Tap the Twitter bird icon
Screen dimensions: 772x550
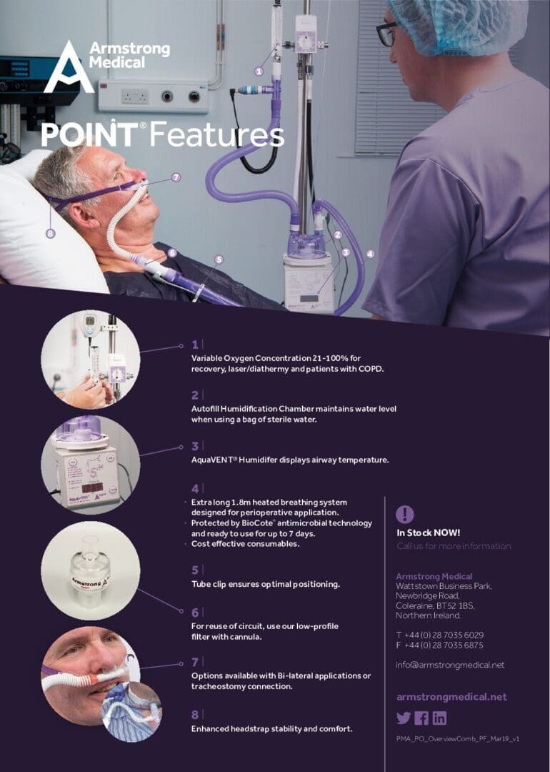pos(404,718)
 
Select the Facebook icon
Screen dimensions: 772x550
pos(421,718)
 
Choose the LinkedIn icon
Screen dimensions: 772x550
pos(439,718)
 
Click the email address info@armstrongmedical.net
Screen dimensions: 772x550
pos(450,665)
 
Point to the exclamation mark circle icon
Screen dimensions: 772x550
pos(404,514)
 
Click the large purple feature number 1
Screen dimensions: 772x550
pos(195,345)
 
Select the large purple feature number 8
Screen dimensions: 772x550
pos(195,714)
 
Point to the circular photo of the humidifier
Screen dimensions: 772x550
pos(91,465)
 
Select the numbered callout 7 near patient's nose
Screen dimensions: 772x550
pos(176,177)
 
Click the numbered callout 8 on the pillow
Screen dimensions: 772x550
pos(50,232)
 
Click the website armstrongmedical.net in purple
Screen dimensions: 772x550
pos(451,697)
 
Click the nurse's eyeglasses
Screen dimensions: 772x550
pos(386,34)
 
